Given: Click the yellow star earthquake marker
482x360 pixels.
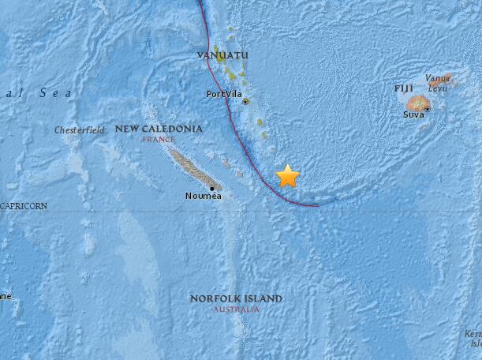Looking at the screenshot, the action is tap(288, 176).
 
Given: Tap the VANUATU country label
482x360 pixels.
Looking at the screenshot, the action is tap(222, 54).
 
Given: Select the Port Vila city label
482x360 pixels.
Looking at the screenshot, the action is tap(222, 94).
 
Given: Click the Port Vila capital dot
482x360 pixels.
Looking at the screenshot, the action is tap(246, 102).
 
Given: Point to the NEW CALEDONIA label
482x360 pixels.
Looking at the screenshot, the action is tap(159, 128).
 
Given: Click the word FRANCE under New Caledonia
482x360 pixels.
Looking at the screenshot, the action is tap(158, 139).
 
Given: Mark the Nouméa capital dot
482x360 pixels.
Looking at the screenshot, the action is tap(211, 188).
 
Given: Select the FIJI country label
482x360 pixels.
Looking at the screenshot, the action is tap(404, 88).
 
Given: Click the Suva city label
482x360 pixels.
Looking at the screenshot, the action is tap(414, 114).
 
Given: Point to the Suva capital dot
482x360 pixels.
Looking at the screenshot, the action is tap(427, 108).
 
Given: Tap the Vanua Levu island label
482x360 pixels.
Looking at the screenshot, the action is tap(437, 82).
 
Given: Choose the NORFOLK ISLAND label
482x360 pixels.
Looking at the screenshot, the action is tap(236, 298).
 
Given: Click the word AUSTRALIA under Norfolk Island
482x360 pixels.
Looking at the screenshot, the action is tap(236, 309).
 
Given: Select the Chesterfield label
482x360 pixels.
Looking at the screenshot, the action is tap(79, 129).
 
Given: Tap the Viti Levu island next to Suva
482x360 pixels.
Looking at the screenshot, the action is tap(416, 103).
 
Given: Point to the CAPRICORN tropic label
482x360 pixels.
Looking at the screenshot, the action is tap(24, 206).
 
